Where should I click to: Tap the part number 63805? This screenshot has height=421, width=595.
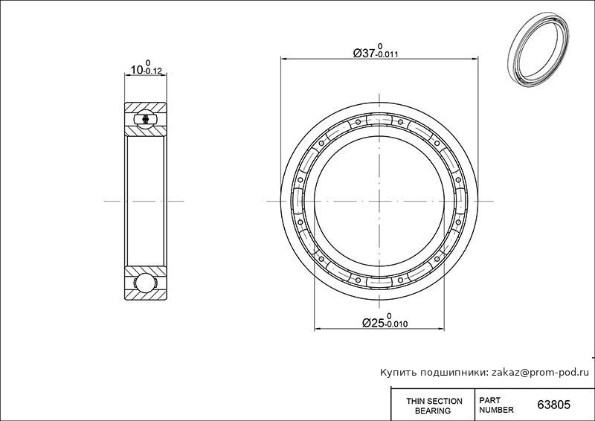553,405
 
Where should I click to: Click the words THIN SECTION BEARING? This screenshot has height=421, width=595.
434,405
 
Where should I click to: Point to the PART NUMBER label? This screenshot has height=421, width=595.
496,405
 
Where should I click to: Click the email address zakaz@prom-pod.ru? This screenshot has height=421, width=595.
541,373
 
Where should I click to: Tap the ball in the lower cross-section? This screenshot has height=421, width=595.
146,283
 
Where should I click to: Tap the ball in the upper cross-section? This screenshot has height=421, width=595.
146,119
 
